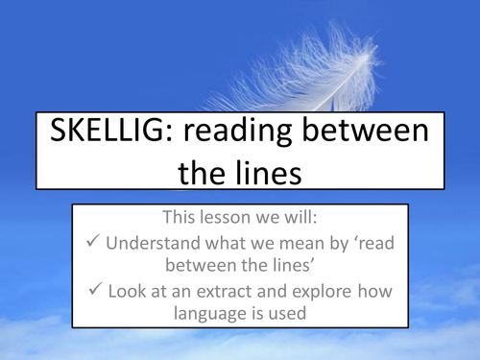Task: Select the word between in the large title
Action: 378,134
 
